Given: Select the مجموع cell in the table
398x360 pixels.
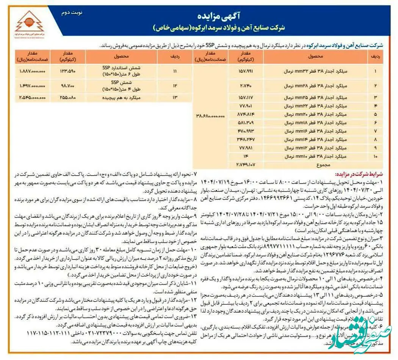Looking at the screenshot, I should [x=314, y=165].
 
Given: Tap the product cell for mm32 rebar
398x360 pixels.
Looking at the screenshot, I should [x=314, y=71].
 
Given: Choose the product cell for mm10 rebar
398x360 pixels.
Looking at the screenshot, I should [x=314, y=156].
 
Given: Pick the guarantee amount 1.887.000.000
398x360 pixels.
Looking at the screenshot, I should [x=31, y=71].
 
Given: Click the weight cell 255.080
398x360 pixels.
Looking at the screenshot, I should [x=69, y=97].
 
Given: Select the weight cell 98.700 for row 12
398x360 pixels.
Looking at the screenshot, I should [x=69, y=86].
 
